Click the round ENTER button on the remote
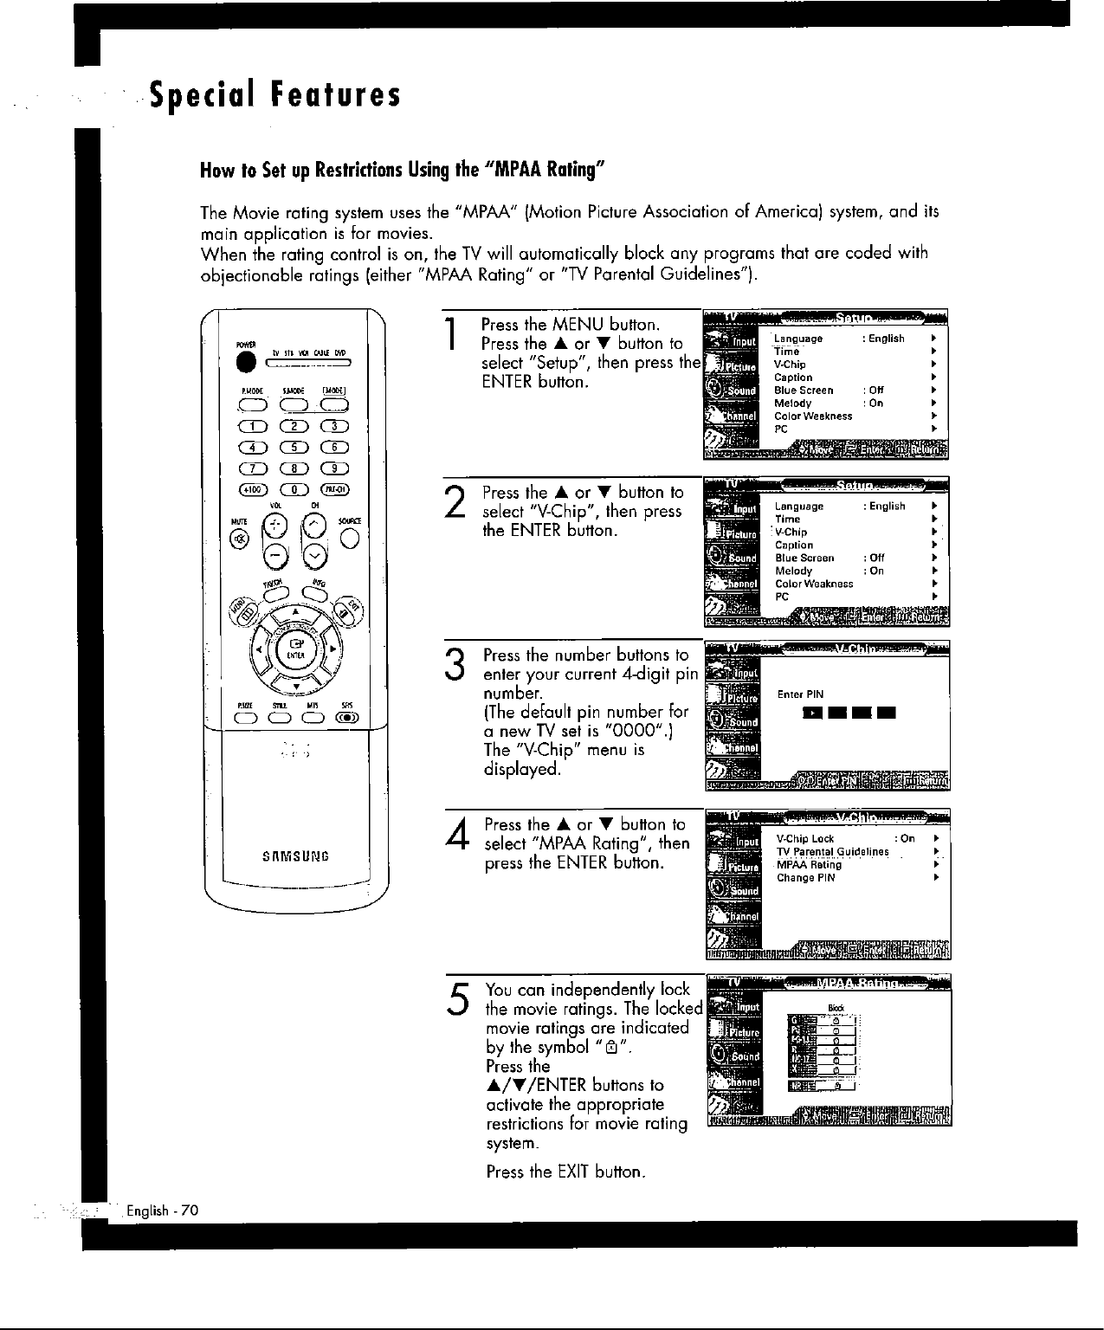pyautogui.click(x=295, y=646)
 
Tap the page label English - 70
pyautogui.click(x=163, y=1210)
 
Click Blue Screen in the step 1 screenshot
pyautogui.click(x=804, y=391)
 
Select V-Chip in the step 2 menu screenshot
pyautogui.click(x=791, y=532)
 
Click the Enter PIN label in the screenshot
pyautogui.click(x=800, y=694)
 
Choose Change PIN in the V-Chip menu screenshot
pyautogui.click(x=805, y=877)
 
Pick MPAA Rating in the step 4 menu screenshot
pyautogui.click(x=809, y=864)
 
